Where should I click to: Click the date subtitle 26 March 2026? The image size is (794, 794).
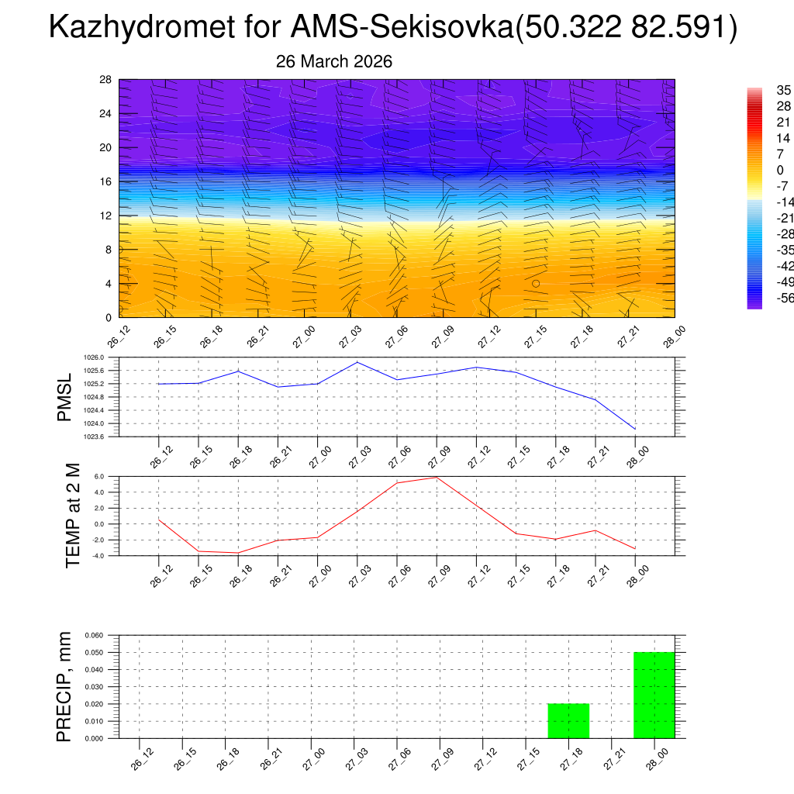(334, 61)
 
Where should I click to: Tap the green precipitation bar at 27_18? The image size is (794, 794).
(568, 720)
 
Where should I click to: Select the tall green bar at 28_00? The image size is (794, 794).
(654, 695)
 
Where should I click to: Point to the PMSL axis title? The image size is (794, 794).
(64, 397)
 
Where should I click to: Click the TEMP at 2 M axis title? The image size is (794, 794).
(73, 516)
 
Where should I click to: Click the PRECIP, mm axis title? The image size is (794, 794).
(64, 686)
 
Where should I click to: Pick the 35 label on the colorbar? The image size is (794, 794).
(783, 91)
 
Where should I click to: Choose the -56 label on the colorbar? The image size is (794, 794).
(784, 298)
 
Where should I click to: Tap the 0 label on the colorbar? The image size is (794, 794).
(780, 170)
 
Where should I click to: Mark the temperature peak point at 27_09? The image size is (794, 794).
(437, 477)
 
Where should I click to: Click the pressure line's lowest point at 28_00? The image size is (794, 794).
(635, 429)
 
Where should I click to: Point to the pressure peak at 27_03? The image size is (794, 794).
(357, 362)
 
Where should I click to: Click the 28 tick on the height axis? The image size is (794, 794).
(106, 79)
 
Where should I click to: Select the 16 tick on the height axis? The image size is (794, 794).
(106, 181)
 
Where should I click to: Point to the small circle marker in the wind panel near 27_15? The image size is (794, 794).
(536, 284)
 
